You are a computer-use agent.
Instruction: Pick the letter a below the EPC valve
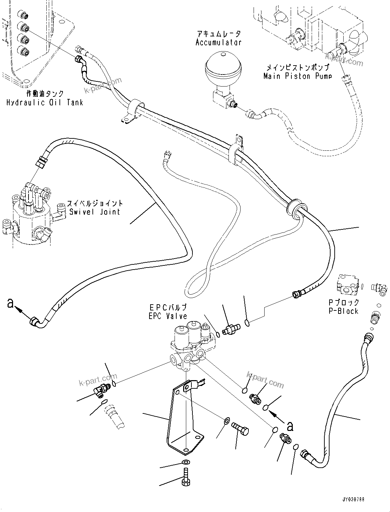(x=290, y=426)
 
